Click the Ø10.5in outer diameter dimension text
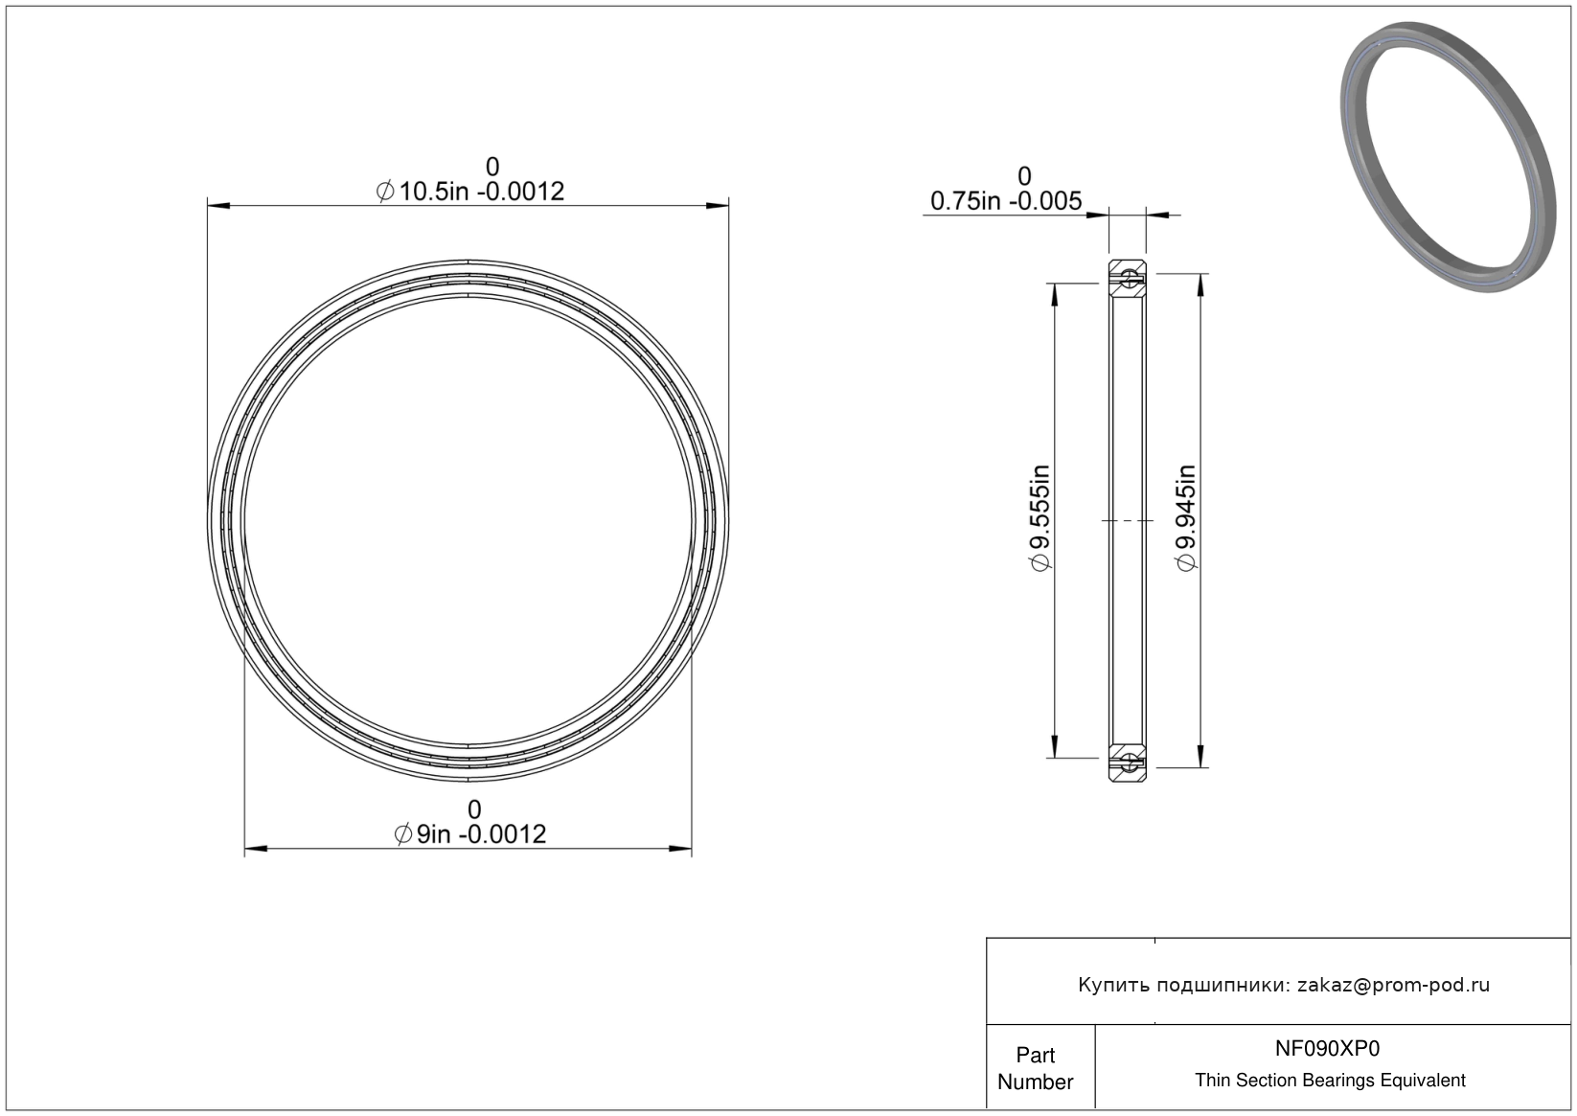(x=470, y=192)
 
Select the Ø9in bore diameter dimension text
(x=470, y=834)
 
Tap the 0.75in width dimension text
(x=1006, y=201)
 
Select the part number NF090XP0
(x=1327, y=1048)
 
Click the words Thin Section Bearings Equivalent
(x=1330, y=1081)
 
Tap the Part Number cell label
(x=1035, y=1068)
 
